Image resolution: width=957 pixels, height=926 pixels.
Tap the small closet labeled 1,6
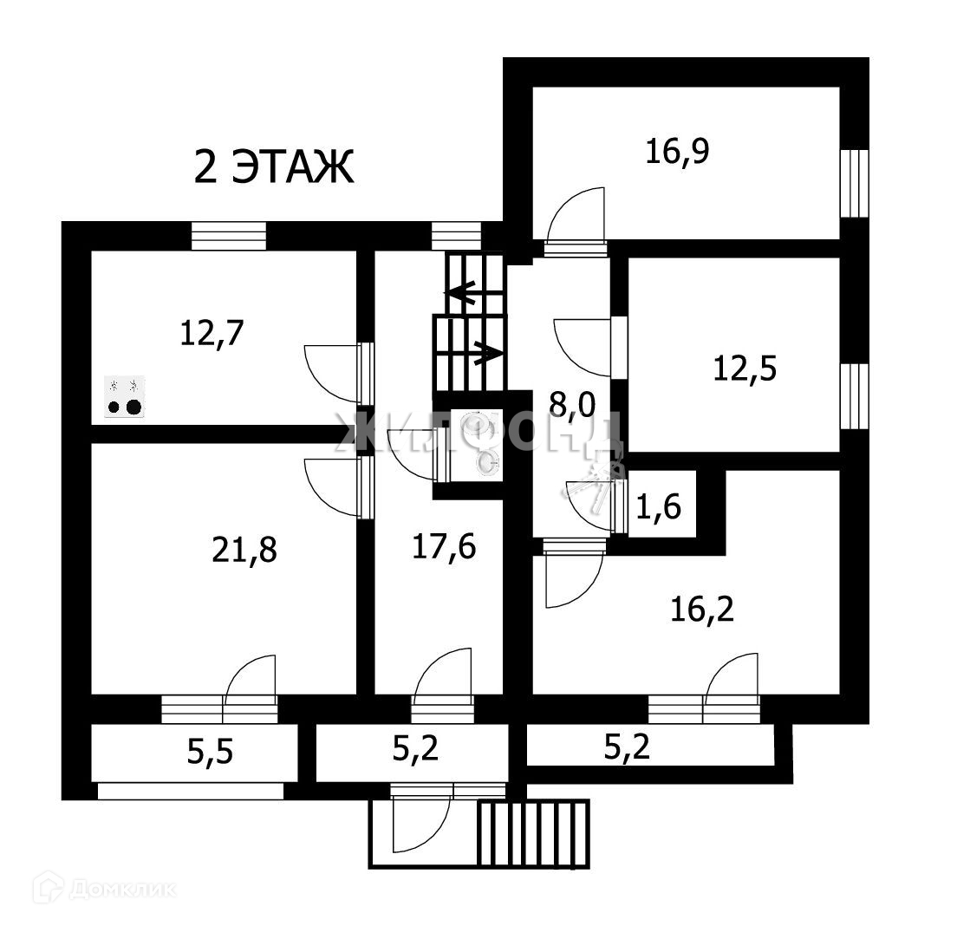[x=659, y=505]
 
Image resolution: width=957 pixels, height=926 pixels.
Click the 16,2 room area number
[x=702, y=610]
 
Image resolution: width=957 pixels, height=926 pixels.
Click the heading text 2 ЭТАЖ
[x=274, y=167]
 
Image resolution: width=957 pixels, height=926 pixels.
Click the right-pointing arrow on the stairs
[x=486, y=353]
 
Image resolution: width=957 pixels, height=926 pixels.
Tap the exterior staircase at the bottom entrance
[x=533, y=832]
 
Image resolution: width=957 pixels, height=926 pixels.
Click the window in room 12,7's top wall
[x=228, y=236]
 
